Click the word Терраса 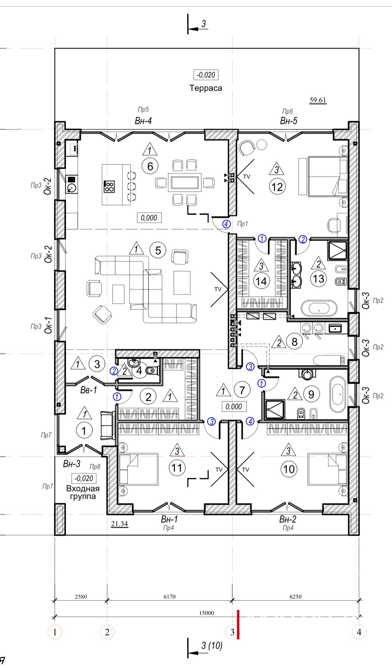pyautogui.click(x=206, y=88)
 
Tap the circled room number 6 pyautogui.click(x=150, y=166)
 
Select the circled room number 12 pyautogui.click(x=277, y=187)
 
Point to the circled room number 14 pyautogui.click(x=261, y=281)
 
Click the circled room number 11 pyautogui.click(x=176, y=468)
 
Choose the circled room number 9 pyautogui.click(x=311, y=394)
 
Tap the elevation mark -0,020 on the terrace pyautogui.click(x=206, y=75)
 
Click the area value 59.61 pyautogui.click(x=318, y=100)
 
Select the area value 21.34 pyautogui.click(x=119, y=524)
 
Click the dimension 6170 pyautogui.click(x=170, y=596)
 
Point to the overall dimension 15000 pyautogui.click(x=206, y=613)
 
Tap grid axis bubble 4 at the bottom pyautogui.click(x=359, y=632)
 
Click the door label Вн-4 pyautogui.click(x=143, y=121)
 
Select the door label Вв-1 pyautogui.click(x=88, y=390)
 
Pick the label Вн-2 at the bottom pyautogui.click(x=287, y=519)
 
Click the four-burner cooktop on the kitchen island pyautogui.click(x=109, y=186)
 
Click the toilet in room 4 pyautogui.click(x=152, y=370)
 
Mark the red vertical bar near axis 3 pyautogui.click(x=238, y=624)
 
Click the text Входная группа pyautogui.click(x=83, y=492)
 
